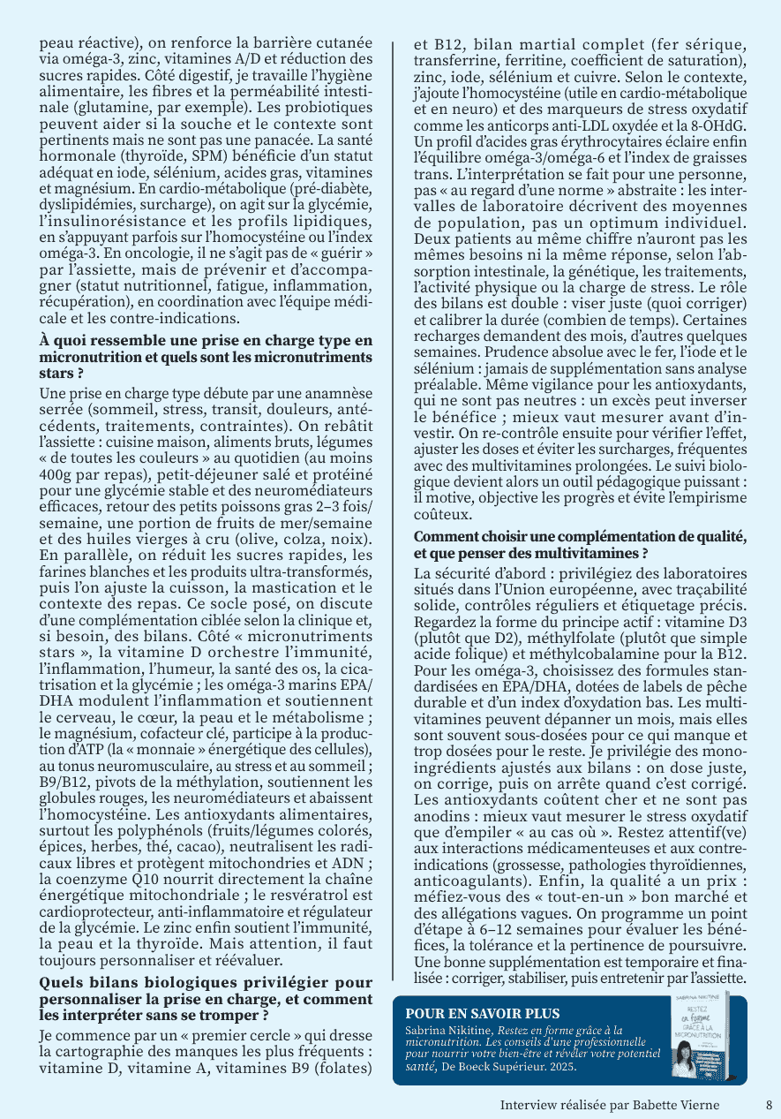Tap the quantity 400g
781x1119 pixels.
56,473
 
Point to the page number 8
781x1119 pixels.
768,1105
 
